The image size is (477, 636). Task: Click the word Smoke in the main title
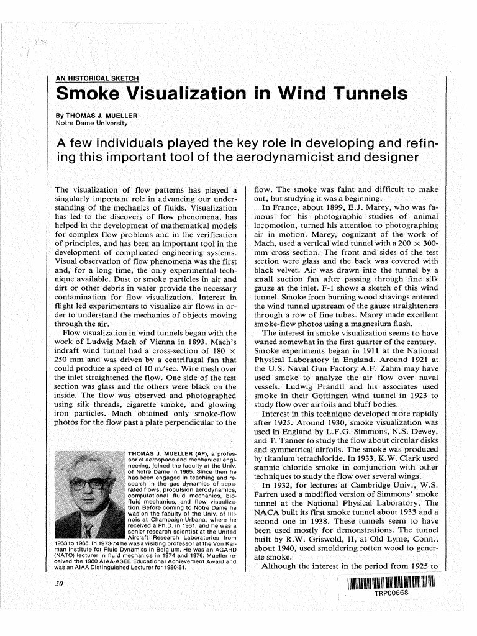91,94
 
